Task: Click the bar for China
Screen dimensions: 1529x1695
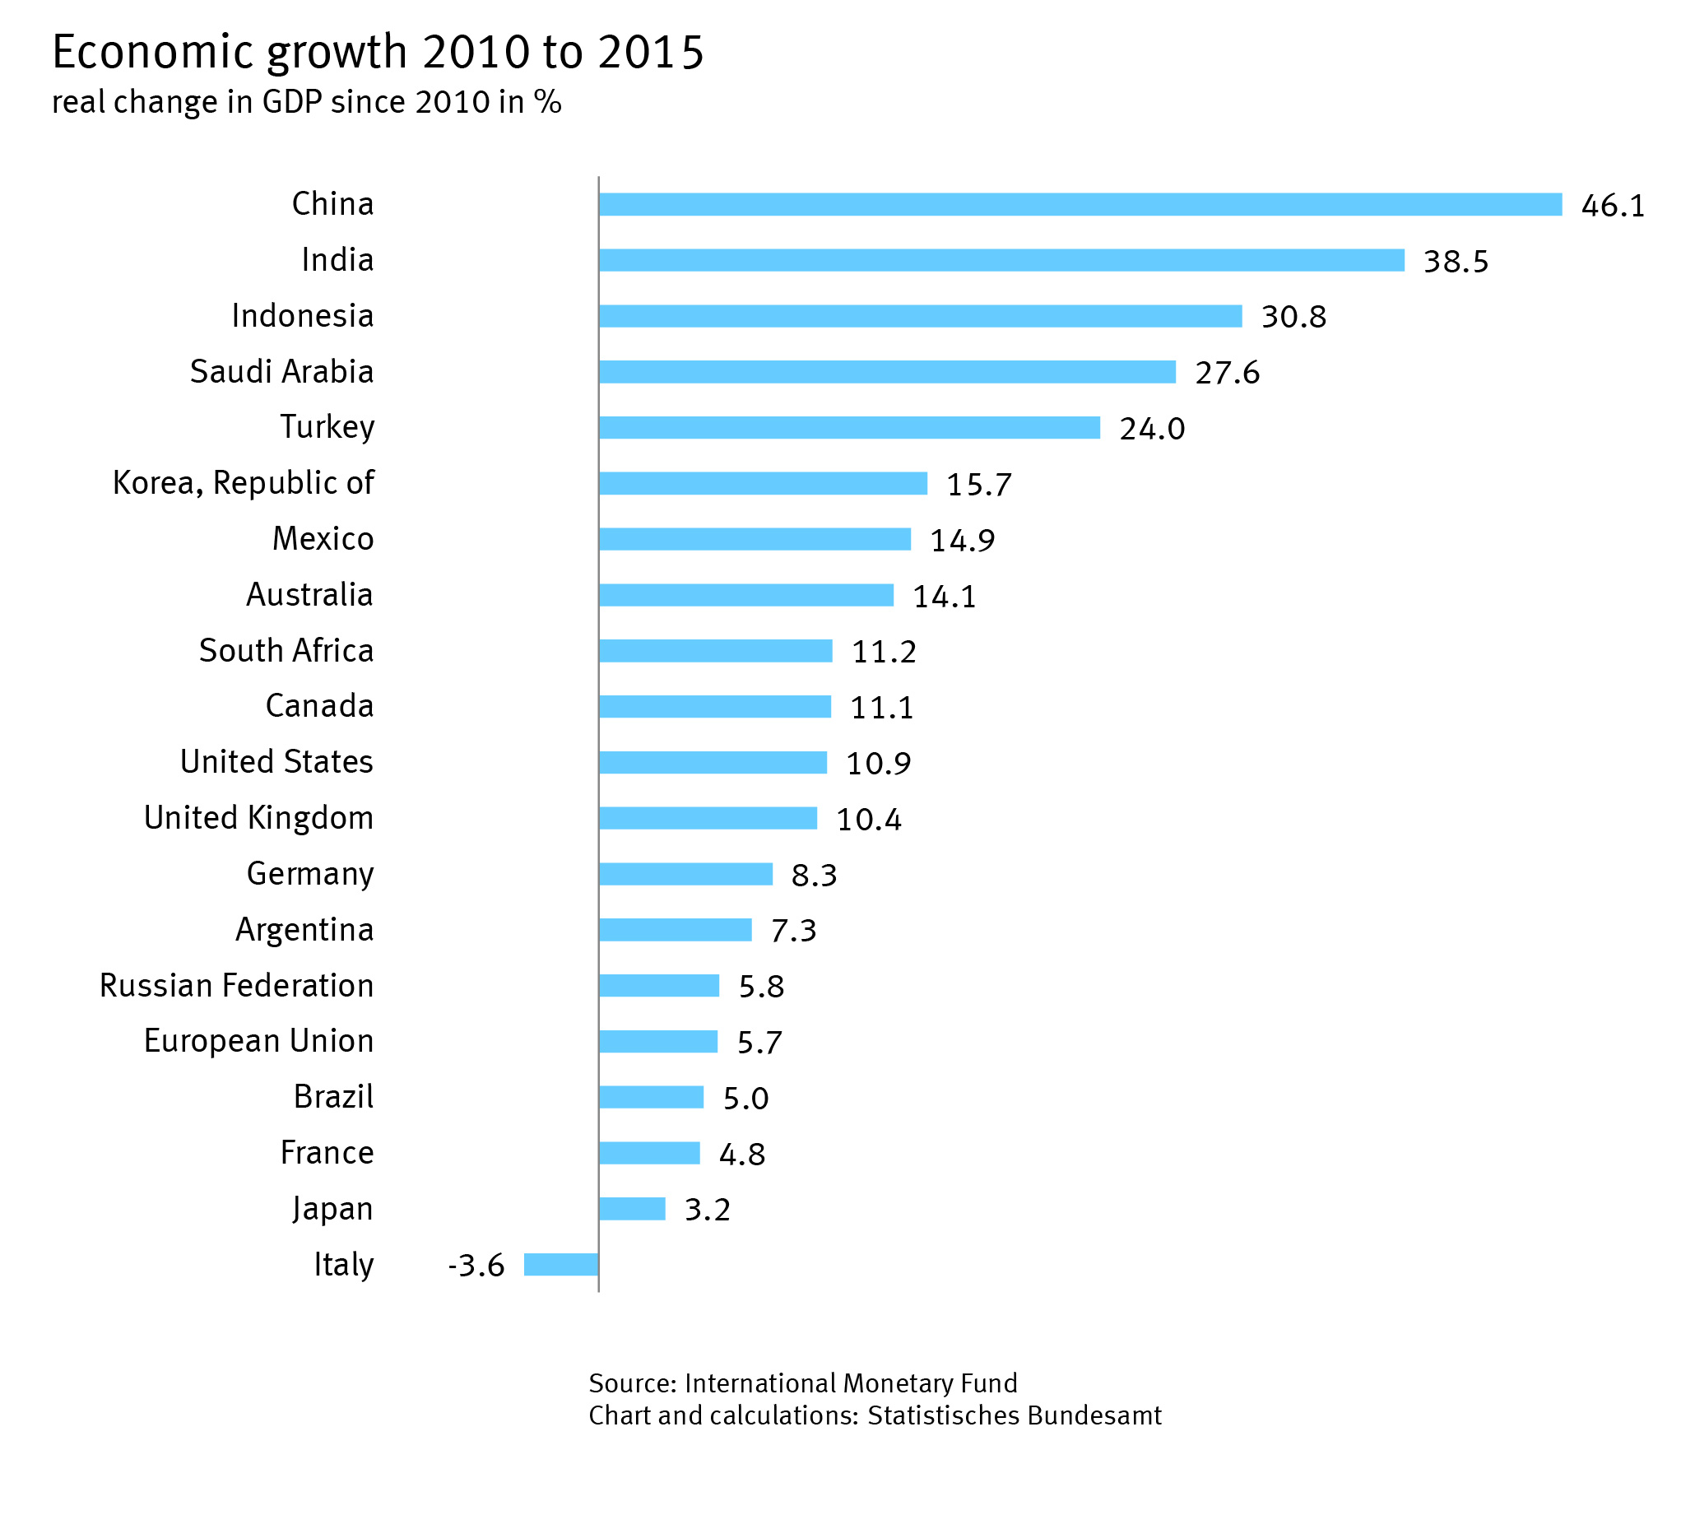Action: point(1080,204)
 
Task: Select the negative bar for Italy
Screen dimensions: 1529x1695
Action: point(560,1263)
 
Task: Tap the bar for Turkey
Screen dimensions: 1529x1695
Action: point(848,428)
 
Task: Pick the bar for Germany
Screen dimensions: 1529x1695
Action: point(685,874)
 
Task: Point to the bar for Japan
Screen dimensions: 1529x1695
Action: point(632,1208)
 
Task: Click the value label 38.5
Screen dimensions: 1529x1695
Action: point(1455,261)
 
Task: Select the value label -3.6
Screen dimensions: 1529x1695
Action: point(476,1264)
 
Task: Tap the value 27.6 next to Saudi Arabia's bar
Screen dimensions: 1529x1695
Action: point(1226,372)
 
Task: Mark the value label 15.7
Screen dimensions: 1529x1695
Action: point(978,484)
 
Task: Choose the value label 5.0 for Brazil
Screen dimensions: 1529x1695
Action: point(745,1098)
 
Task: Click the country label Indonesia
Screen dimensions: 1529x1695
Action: point(302,316)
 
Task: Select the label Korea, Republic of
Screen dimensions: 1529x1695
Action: point(243,483)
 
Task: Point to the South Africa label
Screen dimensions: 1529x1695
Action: point(286,650)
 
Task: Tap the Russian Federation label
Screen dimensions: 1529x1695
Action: point(236,984)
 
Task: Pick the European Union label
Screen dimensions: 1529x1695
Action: point(258,1040)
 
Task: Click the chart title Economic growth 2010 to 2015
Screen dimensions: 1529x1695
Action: point(378,52)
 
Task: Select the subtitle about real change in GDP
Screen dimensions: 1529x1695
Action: point(307,102)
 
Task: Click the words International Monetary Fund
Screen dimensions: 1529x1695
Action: point(850,1383)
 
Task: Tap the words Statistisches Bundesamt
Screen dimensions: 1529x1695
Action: point(1014,1415)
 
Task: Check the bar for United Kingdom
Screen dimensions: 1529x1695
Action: point(708,817)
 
